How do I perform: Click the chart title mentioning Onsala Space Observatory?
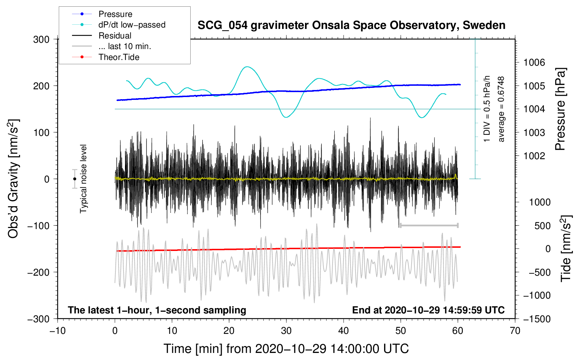click(x=351, y=25)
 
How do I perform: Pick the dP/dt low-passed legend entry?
click(x=132, y=25)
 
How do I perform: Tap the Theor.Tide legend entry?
click(x=119, y=57)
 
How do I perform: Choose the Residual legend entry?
click(x=115, y=36)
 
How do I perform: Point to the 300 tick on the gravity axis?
click(x=41, y=40)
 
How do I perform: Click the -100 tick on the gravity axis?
click(x=38, y=226)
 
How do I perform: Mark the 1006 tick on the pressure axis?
click(x=534, y=63)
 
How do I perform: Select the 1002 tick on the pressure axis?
click(x=534, y=156)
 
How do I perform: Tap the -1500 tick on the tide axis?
click(x=537, y=319)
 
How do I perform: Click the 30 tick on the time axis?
click(x=286, y=331)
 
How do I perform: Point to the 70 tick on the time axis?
click(x=515, y=331)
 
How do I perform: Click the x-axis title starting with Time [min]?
click(x=286, y=349)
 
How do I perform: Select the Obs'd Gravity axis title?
click(x=13, y=179)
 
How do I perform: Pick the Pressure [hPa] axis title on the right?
click(x=560, y=109)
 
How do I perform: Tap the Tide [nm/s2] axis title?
click(x=566, y=248)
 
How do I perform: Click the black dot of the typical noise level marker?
click(x=74, y=179)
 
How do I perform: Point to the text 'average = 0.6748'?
click(x=501, y=109)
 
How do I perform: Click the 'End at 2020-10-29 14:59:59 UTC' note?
click(x=428, y=310)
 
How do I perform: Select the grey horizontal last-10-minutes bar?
click(x=429, y=225)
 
